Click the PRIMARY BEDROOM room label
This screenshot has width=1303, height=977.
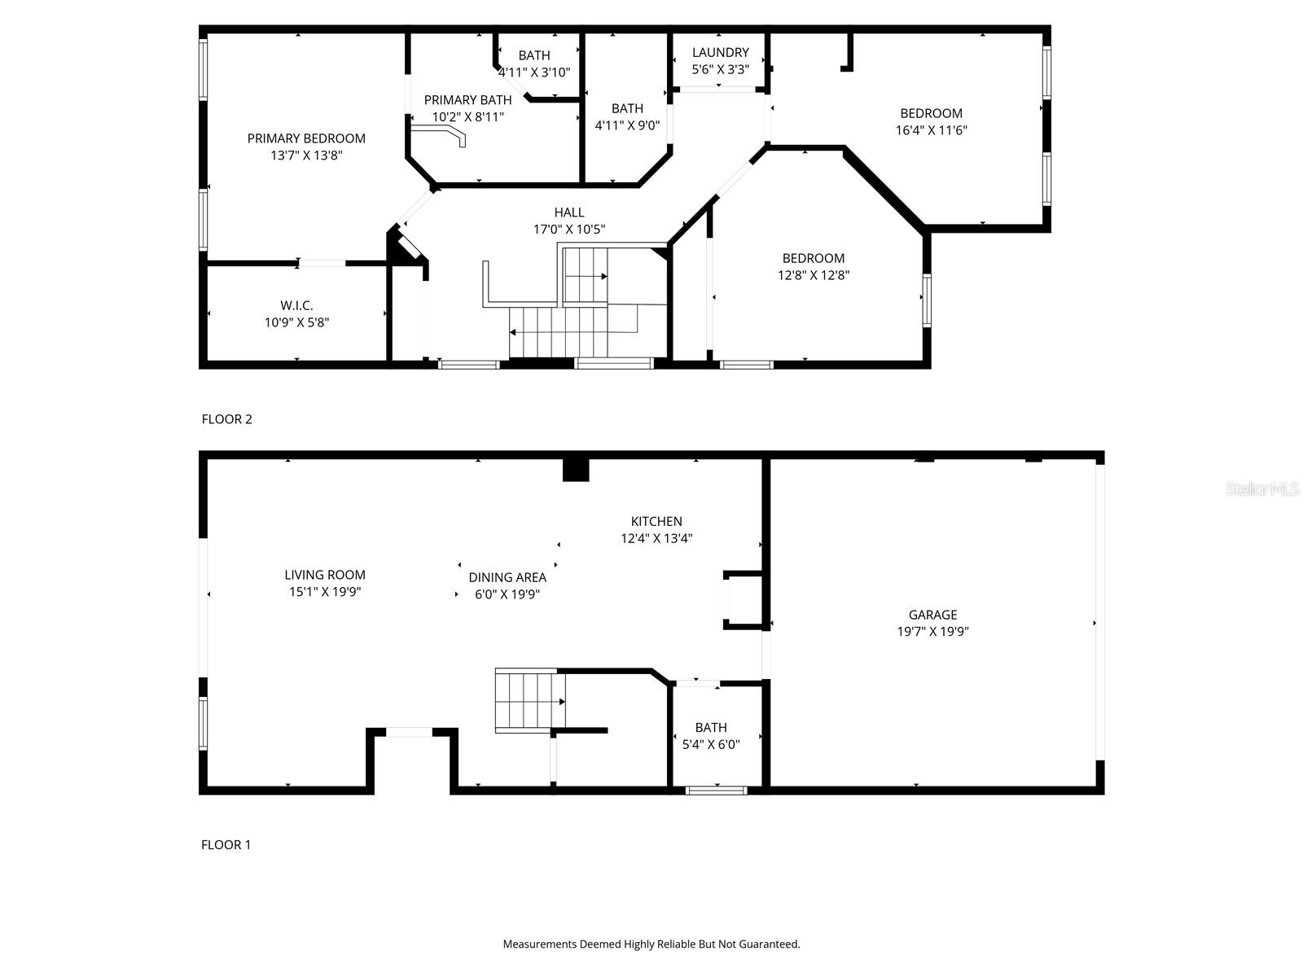coord(306,138)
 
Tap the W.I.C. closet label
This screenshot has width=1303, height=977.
coord(296,305)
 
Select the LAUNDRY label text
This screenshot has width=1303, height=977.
coord(720,53)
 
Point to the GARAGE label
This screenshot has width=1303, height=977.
coord(932,615)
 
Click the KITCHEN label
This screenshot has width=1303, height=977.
coord(656,521)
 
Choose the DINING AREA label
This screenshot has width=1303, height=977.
coord(507,577)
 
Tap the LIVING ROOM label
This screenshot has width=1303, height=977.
coord(325,575)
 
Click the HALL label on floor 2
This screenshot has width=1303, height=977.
coord(568,212)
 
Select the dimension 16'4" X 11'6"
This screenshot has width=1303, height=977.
coord(931,130)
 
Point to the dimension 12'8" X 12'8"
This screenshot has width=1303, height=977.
coord(814,275)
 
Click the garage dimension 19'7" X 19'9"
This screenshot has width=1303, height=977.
coord(932,631)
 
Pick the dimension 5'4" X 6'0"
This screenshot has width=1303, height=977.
coord(711,744)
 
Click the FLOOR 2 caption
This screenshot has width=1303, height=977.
coord(226,419)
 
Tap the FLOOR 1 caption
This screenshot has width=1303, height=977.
coord(226,845)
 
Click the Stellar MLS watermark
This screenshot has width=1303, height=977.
coord(1262,488)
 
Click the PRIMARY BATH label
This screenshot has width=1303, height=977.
coord(467,100)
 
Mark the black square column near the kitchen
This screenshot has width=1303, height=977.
coord(576,469)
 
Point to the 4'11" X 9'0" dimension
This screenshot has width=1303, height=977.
coord(627,125)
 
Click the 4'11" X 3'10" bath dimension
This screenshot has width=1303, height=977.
coord(533,72)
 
